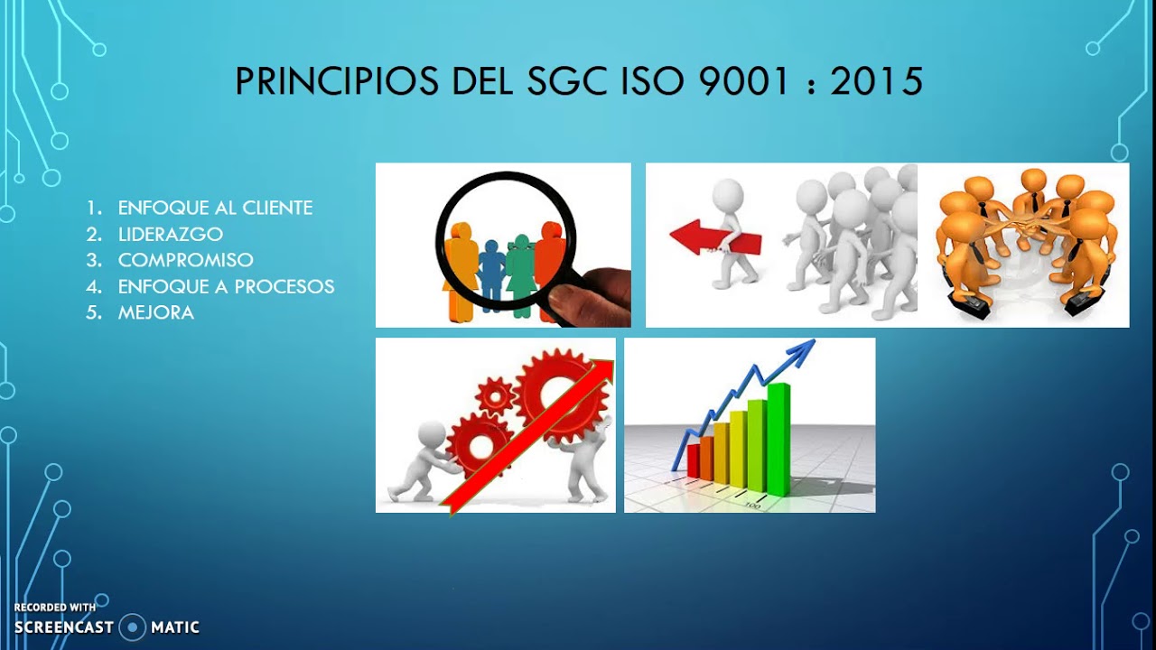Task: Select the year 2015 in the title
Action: coord(876,82)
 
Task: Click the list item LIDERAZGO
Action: coord(170,234)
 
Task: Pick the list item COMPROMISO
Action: coord(185,260)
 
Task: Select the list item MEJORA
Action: coord(155,312)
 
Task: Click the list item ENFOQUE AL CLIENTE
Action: coord(215,208)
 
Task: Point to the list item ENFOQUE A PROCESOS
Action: coord(226,286)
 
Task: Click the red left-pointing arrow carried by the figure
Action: coord(713,238)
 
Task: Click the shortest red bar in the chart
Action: coord(693,460)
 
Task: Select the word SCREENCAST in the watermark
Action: coord(63,627)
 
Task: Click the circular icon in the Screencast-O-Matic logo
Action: coord(133,627)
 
